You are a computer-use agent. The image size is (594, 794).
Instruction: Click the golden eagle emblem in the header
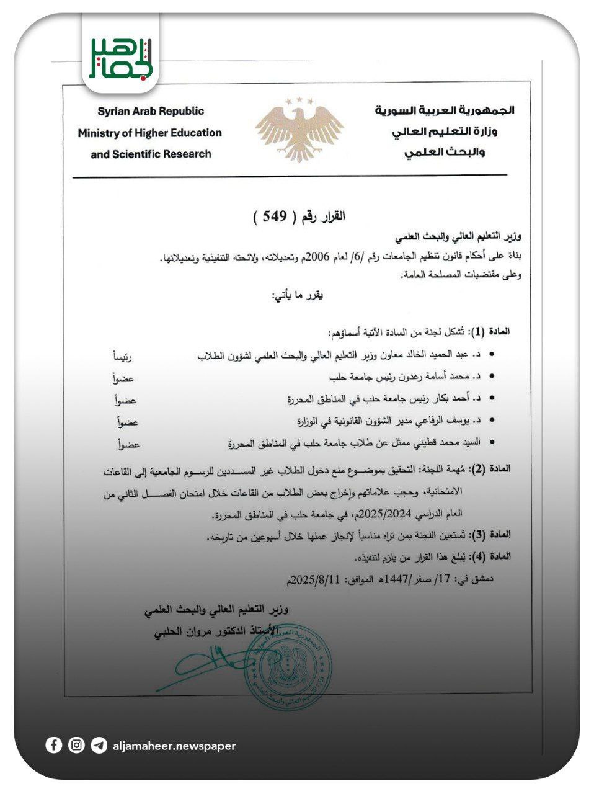click(299, 128)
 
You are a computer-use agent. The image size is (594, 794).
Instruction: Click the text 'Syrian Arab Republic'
click(150, 111)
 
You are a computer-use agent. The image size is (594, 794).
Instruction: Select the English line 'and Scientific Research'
click(151, 154)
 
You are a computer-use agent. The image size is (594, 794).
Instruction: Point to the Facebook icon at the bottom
click(54, 745)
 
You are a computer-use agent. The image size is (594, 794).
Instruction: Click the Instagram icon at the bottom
click(76, 745)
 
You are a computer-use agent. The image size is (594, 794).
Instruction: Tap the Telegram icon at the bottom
click(99, 745)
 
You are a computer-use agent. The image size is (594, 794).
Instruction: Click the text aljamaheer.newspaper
click(174, 746)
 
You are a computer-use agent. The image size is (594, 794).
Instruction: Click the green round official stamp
click(288, 666)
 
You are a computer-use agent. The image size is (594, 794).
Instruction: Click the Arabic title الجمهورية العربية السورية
click(445, 110)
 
